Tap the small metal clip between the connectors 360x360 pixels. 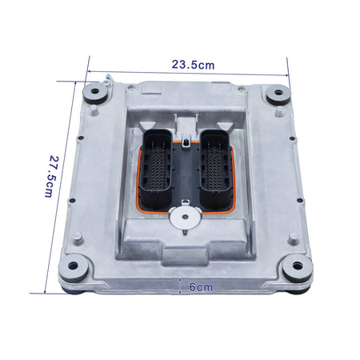[186, 144]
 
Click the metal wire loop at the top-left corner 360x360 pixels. [103, 78]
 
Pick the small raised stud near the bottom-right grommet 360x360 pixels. [294, 237]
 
